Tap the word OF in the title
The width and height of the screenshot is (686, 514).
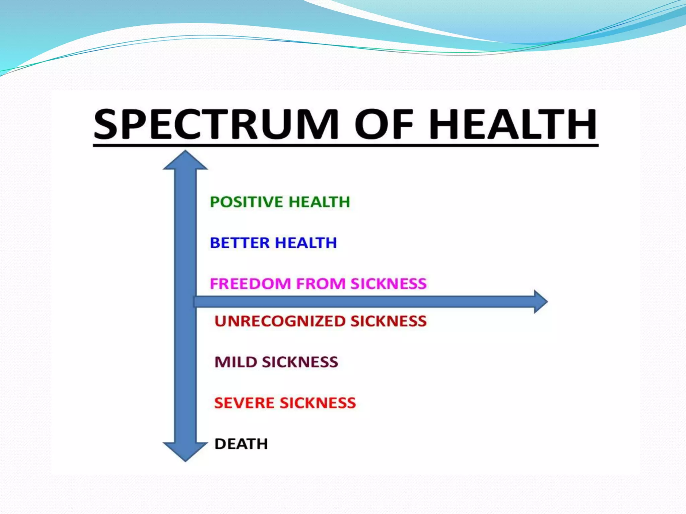click(384, 124)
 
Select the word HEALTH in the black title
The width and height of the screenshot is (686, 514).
click(513, 124)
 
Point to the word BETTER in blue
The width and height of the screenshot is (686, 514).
click(239, 243)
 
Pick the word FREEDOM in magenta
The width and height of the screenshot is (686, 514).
click(250, 284)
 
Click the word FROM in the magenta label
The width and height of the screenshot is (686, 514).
click(321, 284)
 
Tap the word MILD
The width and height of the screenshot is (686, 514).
click(235, 362)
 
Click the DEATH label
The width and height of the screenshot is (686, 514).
click(241, 444)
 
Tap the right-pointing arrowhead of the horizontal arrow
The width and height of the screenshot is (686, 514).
click(540, 302)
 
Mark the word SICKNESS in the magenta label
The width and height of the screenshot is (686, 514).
click(389, 284)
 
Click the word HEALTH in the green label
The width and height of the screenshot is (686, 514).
click(319, 202)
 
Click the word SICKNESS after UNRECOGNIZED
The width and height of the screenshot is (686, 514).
click(389, 321)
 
